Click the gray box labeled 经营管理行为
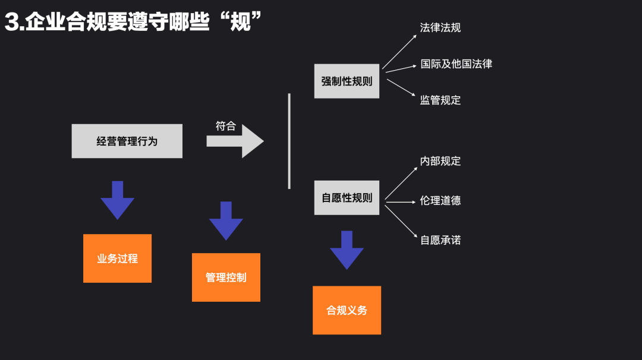pos(127,141)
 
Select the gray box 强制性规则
pos(347,81)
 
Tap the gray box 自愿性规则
pos(347,198)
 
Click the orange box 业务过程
pos(117,258)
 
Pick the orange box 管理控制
pos(226,277)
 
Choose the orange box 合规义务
pos(347,310)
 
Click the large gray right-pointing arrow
pos(235,141)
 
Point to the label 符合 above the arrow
pos(225,126)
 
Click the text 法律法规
pos(440,27)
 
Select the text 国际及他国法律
pos(456,64)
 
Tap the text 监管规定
pos(440,100)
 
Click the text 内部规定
pos(440,161)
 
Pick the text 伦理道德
pos(440,201)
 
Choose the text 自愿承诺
pos(440,240)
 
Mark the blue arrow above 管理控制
pos(226,220)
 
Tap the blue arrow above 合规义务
pos(347,250)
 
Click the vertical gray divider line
pos(289,141)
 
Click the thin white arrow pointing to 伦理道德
pos(400,202)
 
